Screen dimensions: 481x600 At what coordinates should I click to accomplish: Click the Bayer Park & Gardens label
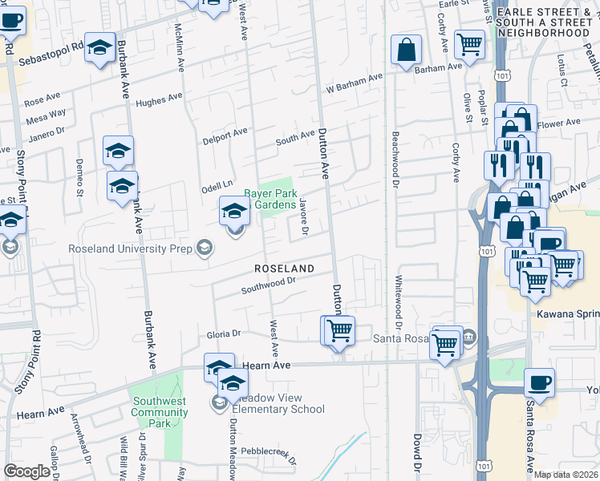click(x=270, y=200)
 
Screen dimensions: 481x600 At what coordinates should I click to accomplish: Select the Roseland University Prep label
click(x=131, y=249)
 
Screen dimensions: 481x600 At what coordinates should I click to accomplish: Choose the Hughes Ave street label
click(x=159, y=100)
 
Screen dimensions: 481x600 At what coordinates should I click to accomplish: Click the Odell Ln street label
click(x=216, y=184)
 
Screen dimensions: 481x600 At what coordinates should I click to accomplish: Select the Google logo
click(x=26, y=471)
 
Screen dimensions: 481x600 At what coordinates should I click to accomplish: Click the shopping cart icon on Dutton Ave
click(x=339, y=330)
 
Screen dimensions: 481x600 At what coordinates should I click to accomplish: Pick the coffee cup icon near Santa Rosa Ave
click(x=539, y=384)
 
